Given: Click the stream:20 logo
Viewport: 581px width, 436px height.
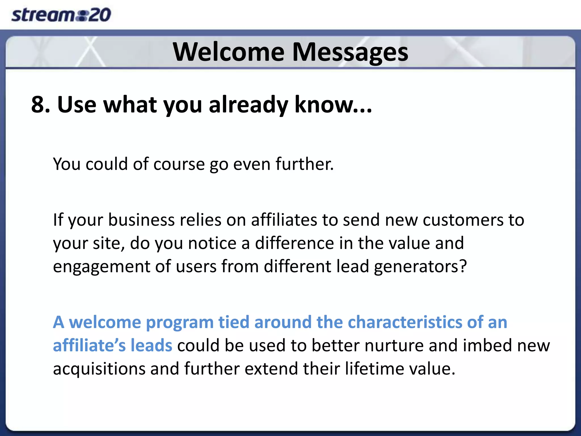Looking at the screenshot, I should [61, 15].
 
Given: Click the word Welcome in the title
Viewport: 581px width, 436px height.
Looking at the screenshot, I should [229, 52].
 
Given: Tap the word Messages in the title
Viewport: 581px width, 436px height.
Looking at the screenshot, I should [350, 53].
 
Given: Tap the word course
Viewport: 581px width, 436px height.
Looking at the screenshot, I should [179, 164].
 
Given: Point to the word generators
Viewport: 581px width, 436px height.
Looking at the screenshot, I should [420, 267].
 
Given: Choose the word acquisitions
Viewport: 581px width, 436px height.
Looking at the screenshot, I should [99, 369].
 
